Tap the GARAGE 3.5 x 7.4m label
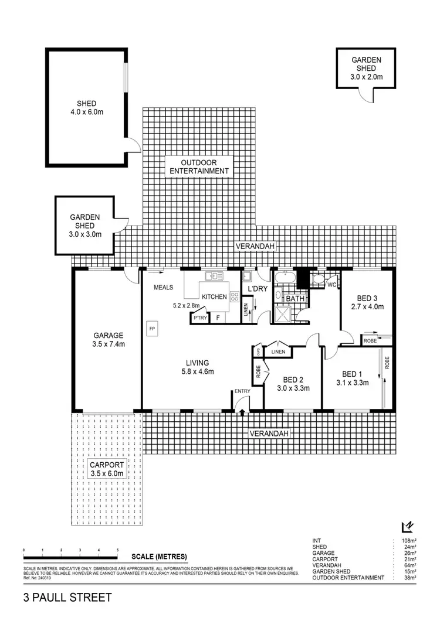[107, 340]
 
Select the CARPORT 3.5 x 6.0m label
[107, 469]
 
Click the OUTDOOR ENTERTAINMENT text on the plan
[199, 166]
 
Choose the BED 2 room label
[293, 383]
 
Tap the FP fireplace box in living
[152, 328]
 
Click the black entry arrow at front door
[242, 413]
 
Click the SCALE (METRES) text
[160, 556]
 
